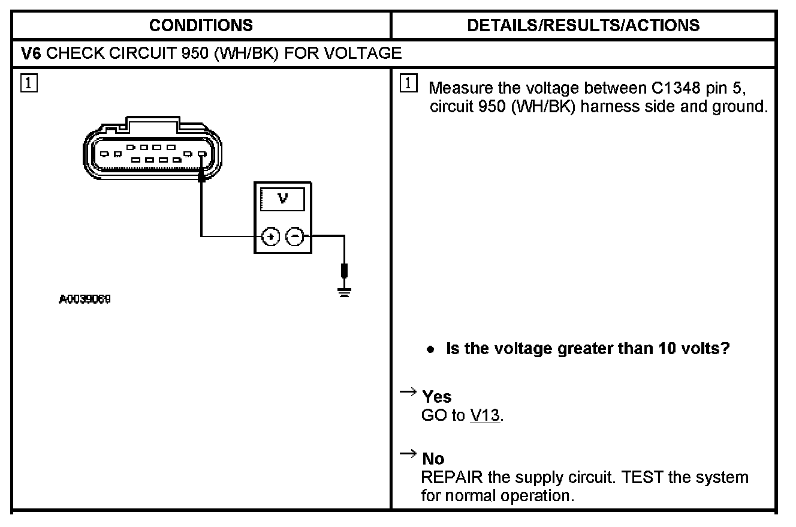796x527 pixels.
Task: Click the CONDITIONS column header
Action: pos(201,25)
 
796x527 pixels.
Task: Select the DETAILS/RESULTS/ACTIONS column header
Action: pos(583,25)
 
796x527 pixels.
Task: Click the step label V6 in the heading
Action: pos(31,53)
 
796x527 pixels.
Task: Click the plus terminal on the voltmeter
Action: pos(272,236)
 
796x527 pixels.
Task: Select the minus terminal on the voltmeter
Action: pos(294,236)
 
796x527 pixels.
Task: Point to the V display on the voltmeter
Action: pos(282,199)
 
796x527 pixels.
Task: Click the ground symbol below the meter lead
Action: pos(344,292)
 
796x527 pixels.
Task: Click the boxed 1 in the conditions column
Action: pos(27,83)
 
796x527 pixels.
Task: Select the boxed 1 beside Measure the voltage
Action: pos(408,84)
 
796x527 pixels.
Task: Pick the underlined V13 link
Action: pos(485,415)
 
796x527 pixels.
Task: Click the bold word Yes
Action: pos(436,397)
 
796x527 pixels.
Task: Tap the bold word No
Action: pos(433,459)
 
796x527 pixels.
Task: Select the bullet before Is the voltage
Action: pos(430,349)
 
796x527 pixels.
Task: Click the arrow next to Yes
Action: pos(408,393)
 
